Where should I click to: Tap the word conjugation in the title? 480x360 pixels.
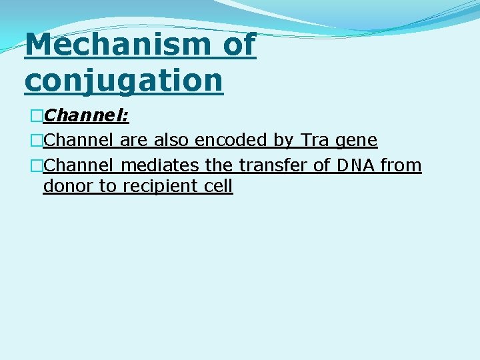pos(123,81)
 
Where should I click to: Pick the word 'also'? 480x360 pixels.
pos(172,141)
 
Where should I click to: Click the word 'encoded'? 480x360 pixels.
pos(231,141)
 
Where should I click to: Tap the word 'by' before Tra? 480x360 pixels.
pos(285,141)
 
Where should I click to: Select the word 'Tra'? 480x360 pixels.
pos(315,141)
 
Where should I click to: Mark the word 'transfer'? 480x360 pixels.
pos(273,165)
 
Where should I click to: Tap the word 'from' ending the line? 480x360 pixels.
pos(401,165)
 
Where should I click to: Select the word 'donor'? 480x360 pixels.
pos(69,186)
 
